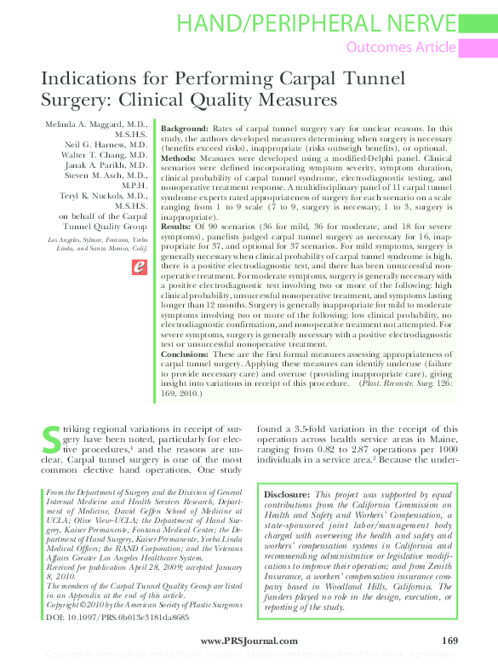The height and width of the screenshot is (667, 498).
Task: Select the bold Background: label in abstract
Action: coord(186,127)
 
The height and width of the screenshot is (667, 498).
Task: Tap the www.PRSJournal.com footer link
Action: coord(249,640)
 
